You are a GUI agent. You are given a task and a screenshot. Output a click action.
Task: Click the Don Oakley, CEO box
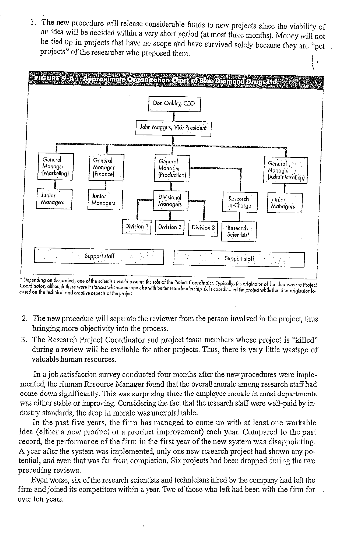tap(174, 104)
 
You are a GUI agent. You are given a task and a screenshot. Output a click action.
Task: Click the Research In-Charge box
tap(239, 202)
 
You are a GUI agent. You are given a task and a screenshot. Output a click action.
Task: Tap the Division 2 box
tap(170, 227)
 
